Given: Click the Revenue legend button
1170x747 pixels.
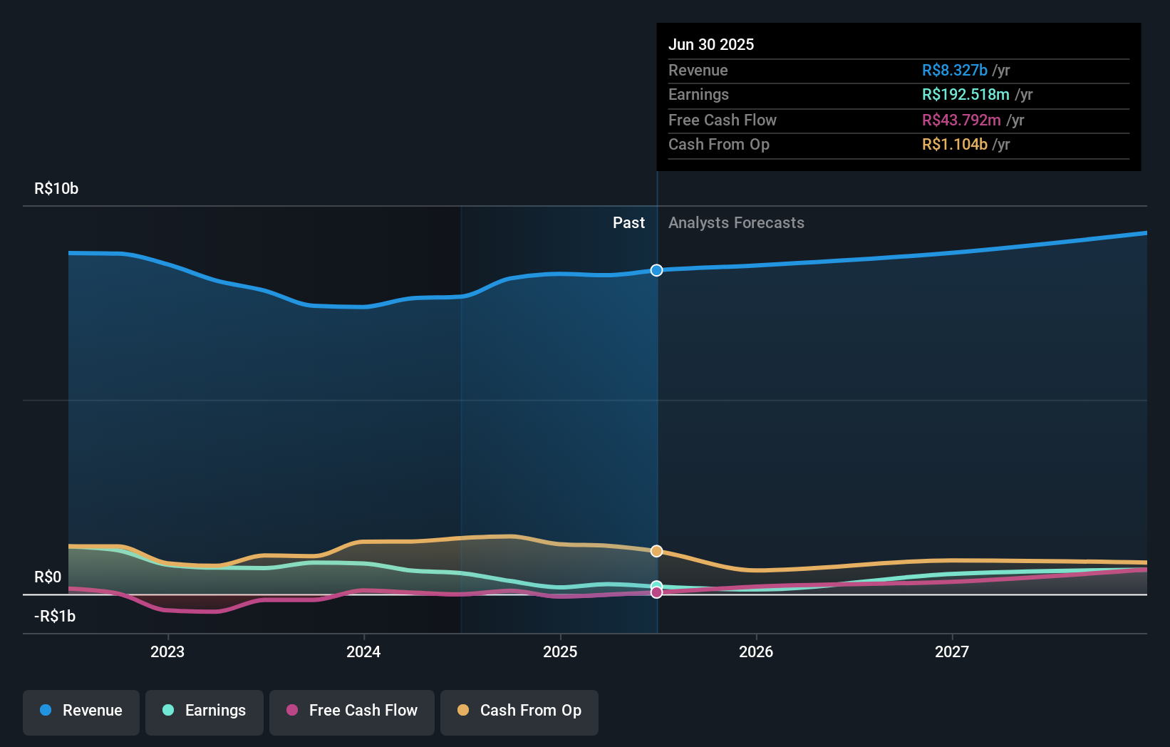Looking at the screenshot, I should click(81, 711).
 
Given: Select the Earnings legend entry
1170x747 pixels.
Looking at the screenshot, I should click(205, 711).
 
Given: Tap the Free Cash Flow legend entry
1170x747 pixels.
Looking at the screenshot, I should click(352, 711).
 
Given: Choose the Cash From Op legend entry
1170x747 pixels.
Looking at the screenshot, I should click(519, 711).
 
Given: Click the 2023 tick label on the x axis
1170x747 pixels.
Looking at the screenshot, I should click(167, 651).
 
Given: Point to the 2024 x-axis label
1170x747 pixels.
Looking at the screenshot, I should click(363, 651).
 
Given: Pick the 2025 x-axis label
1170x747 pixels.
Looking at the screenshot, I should click(560, 651).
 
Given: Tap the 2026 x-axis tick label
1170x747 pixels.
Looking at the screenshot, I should click(756, 651).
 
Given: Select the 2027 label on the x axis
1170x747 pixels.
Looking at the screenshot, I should click(952, 651).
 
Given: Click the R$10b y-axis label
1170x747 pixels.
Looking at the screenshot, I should click(56, 189).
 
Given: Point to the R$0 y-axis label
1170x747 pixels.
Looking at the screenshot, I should click(48, 577).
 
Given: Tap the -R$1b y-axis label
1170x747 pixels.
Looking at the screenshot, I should click(55, 617).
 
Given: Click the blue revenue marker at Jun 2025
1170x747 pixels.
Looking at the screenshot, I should click(657, 270).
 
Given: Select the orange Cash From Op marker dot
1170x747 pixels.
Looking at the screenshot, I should click(657, 551).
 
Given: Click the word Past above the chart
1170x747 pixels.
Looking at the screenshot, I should click(628, 223).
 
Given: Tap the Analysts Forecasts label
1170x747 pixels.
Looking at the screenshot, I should click(736, 223).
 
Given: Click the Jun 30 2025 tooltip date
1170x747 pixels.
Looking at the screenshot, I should click(711, 44).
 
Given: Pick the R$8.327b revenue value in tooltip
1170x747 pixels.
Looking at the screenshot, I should click(955, 70).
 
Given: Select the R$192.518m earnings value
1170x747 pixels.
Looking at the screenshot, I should click(965, 95).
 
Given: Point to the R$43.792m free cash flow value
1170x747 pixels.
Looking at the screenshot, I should click(961, 120).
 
